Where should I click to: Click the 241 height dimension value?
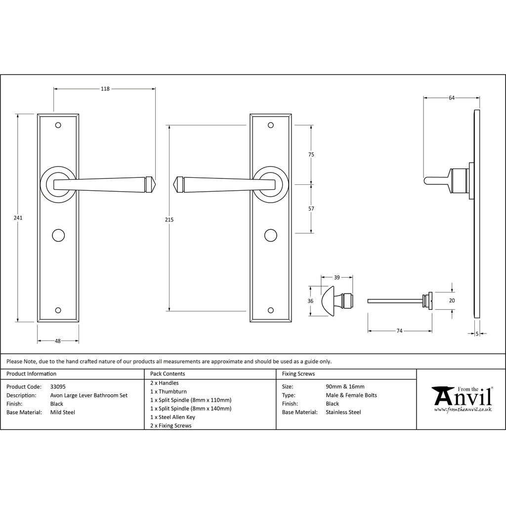point(18,218)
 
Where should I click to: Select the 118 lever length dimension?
point(105,89)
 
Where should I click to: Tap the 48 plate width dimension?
point(58,340)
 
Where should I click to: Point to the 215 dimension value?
point(169,218)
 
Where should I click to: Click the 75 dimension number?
point(311,155)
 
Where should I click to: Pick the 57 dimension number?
point(311,209)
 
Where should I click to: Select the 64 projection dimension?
point(452,98)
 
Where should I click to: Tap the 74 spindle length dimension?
point(399,331)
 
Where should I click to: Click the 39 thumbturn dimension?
point(337,277)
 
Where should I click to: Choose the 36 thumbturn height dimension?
point(310,301)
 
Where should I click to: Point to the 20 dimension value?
point(452,300)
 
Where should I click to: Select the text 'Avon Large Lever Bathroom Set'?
point(88,395)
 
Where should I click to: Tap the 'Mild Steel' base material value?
point(63,412)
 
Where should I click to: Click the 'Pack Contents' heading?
point(168,374)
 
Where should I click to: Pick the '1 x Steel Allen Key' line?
point(172,417)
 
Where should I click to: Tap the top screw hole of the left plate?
point(58,125)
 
